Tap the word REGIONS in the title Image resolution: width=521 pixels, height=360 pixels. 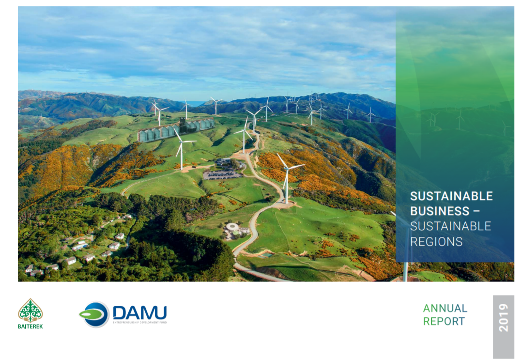point(436,241)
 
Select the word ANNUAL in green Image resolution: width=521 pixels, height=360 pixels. point(445,308)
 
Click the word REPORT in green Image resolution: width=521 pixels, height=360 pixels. point(444,321)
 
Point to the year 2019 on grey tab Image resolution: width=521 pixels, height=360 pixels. point(504,318)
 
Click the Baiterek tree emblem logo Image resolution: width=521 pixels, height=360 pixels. point(30,310)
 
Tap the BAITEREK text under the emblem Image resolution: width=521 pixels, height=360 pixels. point(30,327)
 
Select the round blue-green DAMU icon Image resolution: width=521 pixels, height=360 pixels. point(94,314)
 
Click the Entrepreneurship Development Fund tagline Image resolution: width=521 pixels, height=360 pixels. point(139,322)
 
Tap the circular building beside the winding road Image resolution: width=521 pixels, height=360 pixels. point(232,227)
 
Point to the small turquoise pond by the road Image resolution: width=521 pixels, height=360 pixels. point(266,254)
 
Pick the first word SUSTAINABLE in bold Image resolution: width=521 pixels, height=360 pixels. point(451,196)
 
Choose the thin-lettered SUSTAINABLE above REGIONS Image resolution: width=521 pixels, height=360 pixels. point(450,226)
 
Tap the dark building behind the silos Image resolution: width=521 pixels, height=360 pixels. point(196,124)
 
